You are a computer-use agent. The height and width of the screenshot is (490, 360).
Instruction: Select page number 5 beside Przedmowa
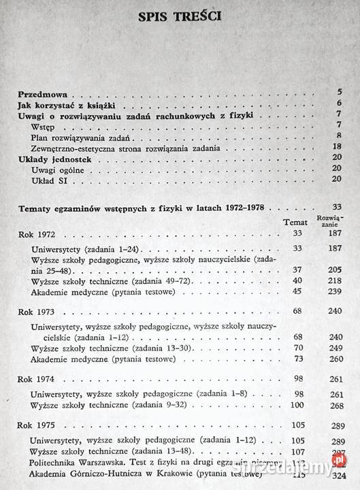point(338,92)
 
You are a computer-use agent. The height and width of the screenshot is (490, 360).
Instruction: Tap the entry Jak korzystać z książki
point(57,103)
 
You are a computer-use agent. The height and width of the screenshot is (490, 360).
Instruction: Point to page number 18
point(336,146)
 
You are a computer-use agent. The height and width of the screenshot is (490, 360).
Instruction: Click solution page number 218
point(333,280)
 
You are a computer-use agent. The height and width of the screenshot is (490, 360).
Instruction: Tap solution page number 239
point(333,291)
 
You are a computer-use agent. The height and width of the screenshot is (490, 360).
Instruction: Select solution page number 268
point(333,404)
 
